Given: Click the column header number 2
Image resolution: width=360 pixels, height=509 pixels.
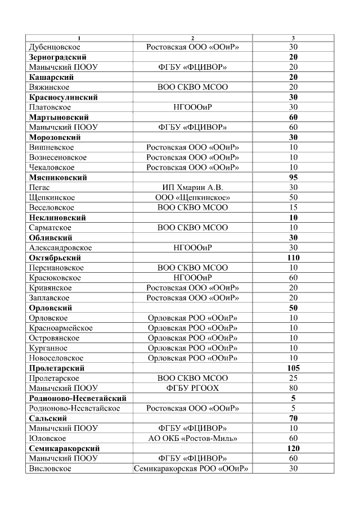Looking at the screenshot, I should pos(192,38).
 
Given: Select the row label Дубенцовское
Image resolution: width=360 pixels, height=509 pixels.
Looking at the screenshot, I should pos(55,47).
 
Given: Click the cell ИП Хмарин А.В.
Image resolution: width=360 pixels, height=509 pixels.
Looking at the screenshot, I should pos(192,188).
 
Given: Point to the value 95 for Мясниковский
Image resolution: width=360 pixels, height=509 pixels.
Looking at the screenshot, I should pos(293,178).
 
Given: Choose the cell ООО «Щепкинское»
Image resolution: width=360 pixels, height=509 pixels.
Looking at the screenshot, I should pos(192,198).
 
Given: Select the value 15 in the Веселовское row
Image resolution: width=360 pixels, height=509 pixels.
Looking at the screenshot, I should pos(293,208).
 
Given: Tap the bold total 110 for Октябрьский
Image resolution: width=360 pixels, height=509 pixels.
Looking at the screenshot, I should pos(293,258).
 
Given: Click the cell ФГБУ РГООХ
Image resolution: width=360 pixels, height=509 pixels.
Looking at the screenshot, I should pos(192,388).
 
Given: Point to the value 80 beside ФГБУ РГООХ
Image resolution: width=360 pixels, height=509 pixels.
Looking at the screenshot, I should pos(293,388).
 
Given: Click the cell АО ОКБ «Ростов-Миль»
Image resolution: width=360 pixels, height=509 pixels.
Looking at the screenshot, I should pos(192,439).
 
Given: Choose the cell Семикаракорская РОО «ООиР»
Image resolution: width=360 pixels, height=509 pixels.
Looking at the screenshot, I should pos(192,469).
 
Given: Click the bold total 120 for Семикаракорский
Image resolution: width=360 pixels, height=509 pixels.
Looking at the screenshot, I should pos(293,448).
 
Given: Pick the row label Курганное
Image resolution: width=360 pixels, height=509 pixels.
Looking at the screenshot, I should pos(48,348).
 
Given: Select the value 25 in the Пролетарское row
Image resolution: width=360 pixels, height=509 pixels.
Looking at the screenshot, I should pos(293,379).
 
